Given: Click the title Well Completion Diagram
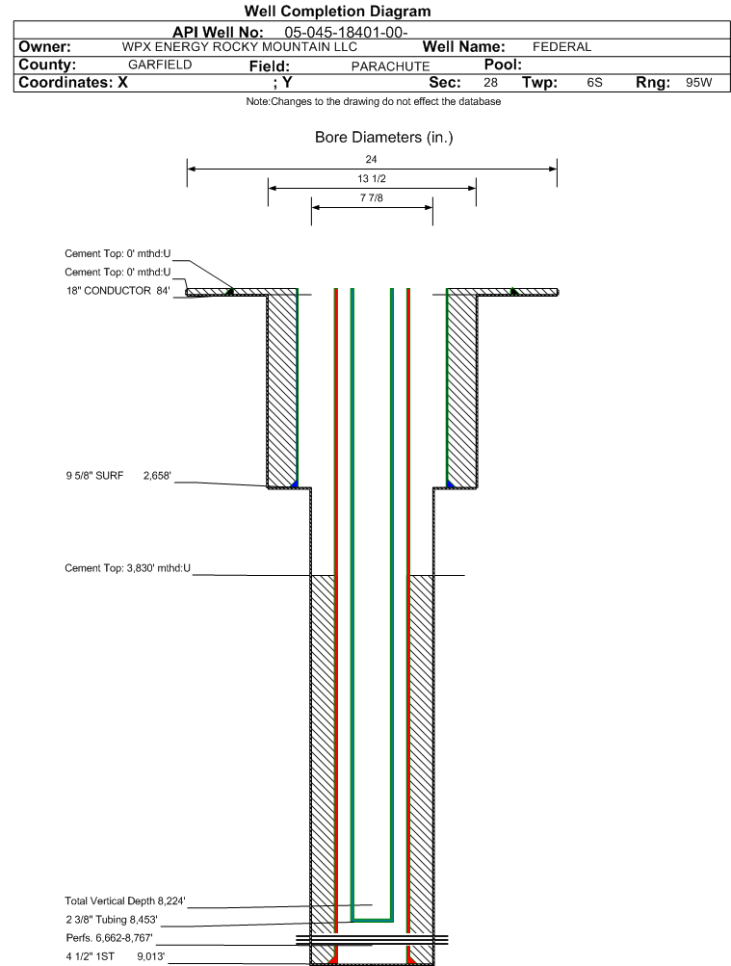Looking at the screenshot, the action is click(x=337, y=12).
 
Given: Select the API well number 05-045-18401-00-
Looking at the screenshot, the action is click(x=346, y=33).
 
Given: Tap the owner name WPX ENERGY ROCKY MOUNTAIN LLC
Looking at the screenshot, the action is click(x=240, y=47).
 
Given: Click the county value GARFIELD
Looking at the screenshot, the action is click(x=160, y=65).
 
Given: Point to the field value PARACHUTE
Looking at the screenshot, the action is click(x=390, y=66).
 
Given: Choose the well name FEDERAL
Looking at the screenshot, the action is click(x=561, y=47).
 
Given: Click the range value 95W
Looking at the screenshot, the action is click(x=698, y=83).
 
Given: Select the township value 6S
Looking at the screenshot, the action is click(x=594, y=83).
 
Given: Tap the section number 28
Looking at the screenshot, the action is click(x=490, y=83).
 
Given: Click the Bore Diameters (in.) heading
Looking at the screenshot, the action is click(x=383, y=138).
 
